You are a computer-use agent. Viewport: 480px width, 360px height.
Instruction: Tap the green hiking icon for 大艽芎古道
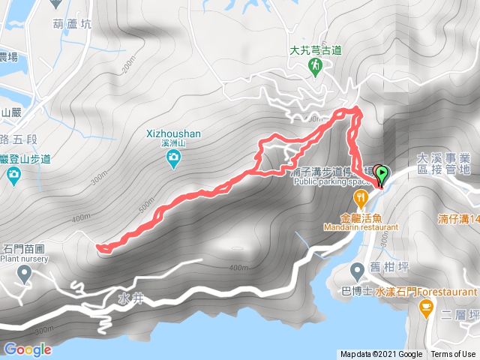(316, 67)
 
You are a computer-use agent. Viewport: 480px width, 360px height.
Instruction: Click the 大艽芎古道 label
(316, 50)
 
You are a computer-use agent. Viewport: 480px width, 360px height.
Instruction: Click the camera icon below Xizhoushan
(173, 157)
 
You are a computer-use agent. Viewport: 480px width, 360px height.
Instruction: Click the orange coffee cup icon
(426, 306)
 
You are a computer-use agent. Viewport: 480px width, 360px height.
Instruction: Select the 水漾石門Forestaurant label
(425, 291)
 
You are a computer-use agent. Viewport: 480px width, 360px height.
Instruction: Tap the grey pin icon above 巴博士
(357, 271)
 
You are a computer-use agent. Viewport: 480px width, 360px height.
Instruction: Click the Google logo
(28, 349)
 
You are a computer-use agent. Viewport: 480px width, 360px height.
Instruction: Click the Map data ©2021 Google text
(381, 354)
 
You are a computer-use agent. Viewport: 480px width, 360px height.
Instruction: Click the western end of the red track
(100, 247)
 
